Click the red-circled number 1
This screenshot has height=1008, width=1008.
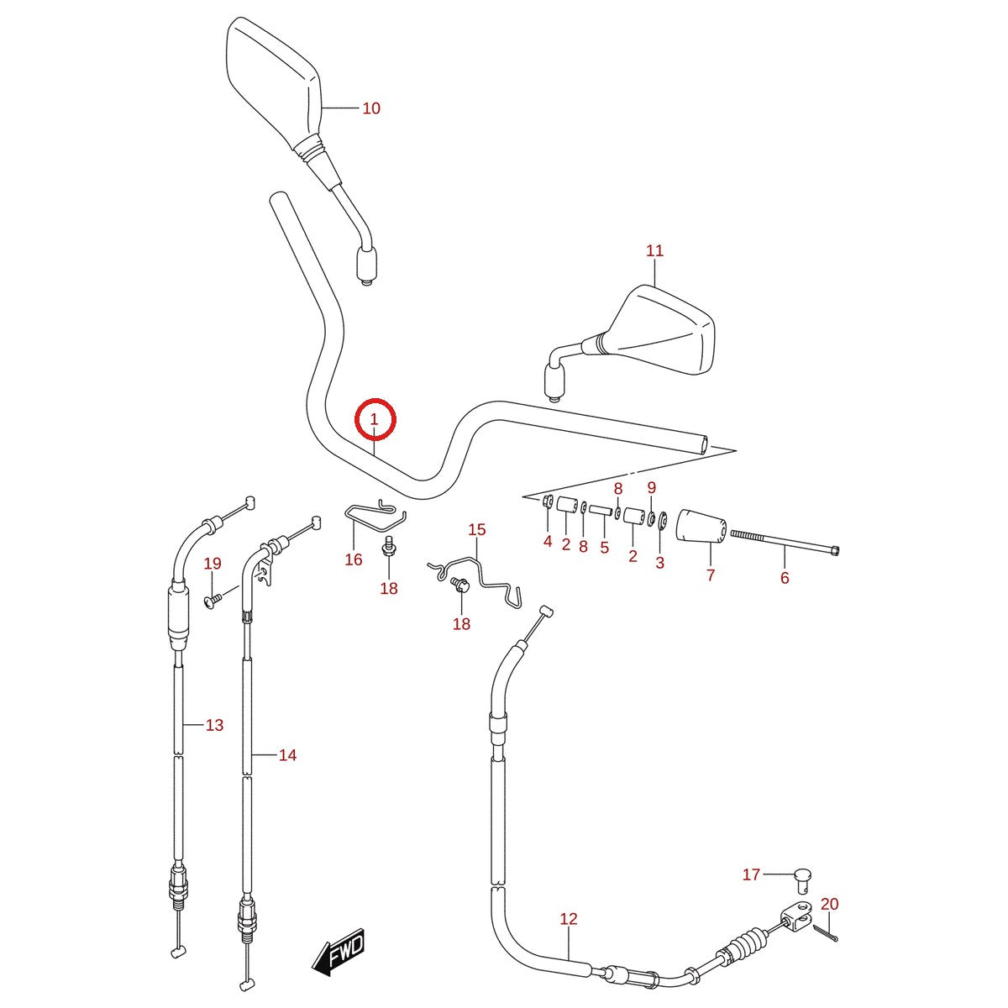coord(375,419)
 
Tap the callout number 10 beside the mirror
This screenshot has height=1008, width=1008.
coord(371,108)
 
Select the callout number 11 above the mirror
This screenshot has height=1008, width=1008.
coord(654,250)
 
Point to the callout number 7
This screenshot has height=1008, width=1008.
coord(711,575)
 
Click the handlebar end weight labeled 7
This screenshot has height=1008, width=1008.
coord(701,526)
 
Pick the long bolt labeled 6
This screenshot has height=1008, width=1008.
coord(784,540)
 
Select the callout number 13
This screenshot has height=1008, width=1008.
coord(214,725)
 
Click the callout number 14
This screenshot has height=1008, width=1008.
coord(288,755)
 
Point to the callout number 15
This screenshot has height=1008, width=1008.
coord(477,529)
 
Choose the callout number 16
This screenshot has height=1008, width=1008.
coord(354,559)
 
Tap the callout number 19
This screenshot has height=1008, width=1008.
coord(213,564)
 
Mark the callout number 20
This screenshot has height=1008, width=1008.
coord(830,904)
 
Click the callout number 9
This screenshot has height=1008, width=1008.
coord(651,487)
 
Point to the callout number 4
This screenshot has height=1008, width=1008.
coord(548,541)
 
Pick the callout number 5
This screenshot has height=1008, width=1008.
coord(605,548)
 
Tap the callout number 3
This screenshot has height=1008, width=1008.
coord(660,563)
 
